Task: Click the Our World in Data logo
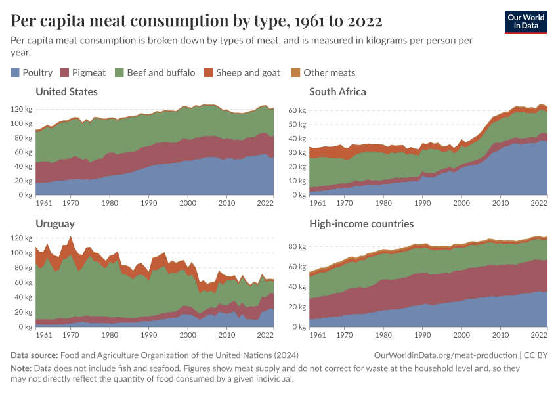click(526, 22)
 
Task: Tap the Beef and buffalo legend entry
click(154, 72)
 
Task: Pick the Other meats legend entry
click(323, 72)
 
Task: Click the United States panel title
click(66, 91)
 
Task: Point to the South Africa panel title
click(337, 91)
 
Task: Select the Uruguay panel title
click(55, 224)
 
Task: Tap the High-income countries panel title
click(361, 224)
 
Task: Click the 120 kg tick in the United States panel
click(21, 109)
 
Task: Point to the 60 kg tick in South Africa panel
click(297, 110)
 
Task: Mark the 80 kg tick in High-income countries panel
click(297, 247)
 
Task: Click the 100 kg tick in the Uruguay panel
click(21, 268)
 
